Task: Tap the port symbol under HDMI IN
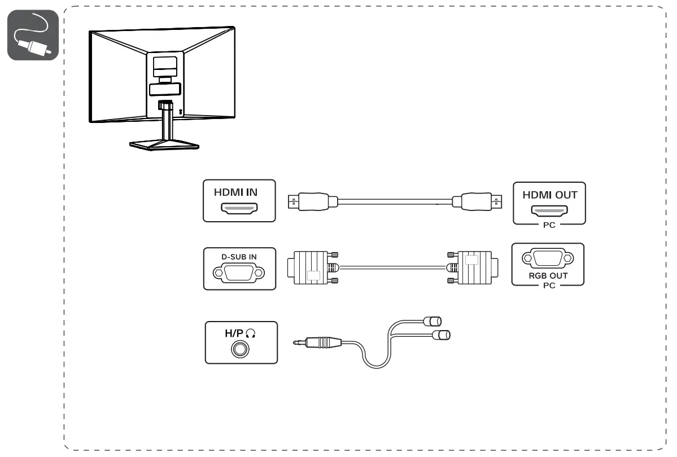(x=239, y=210)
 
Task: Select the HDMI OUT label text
(x=549, y=195)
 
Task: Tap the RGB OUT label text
(x=548, y=276)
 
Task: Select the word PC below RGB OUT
(x=548, y=285)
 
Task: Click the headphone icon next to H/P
(x=251, y=334)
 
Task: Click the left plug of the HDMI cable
(x=313, y=201)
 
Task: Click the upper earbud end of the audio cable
(x=433, y=322)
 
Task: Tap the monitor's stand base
(x=164, y=145)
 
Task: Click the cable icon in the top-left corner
(x=33, y=36)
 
